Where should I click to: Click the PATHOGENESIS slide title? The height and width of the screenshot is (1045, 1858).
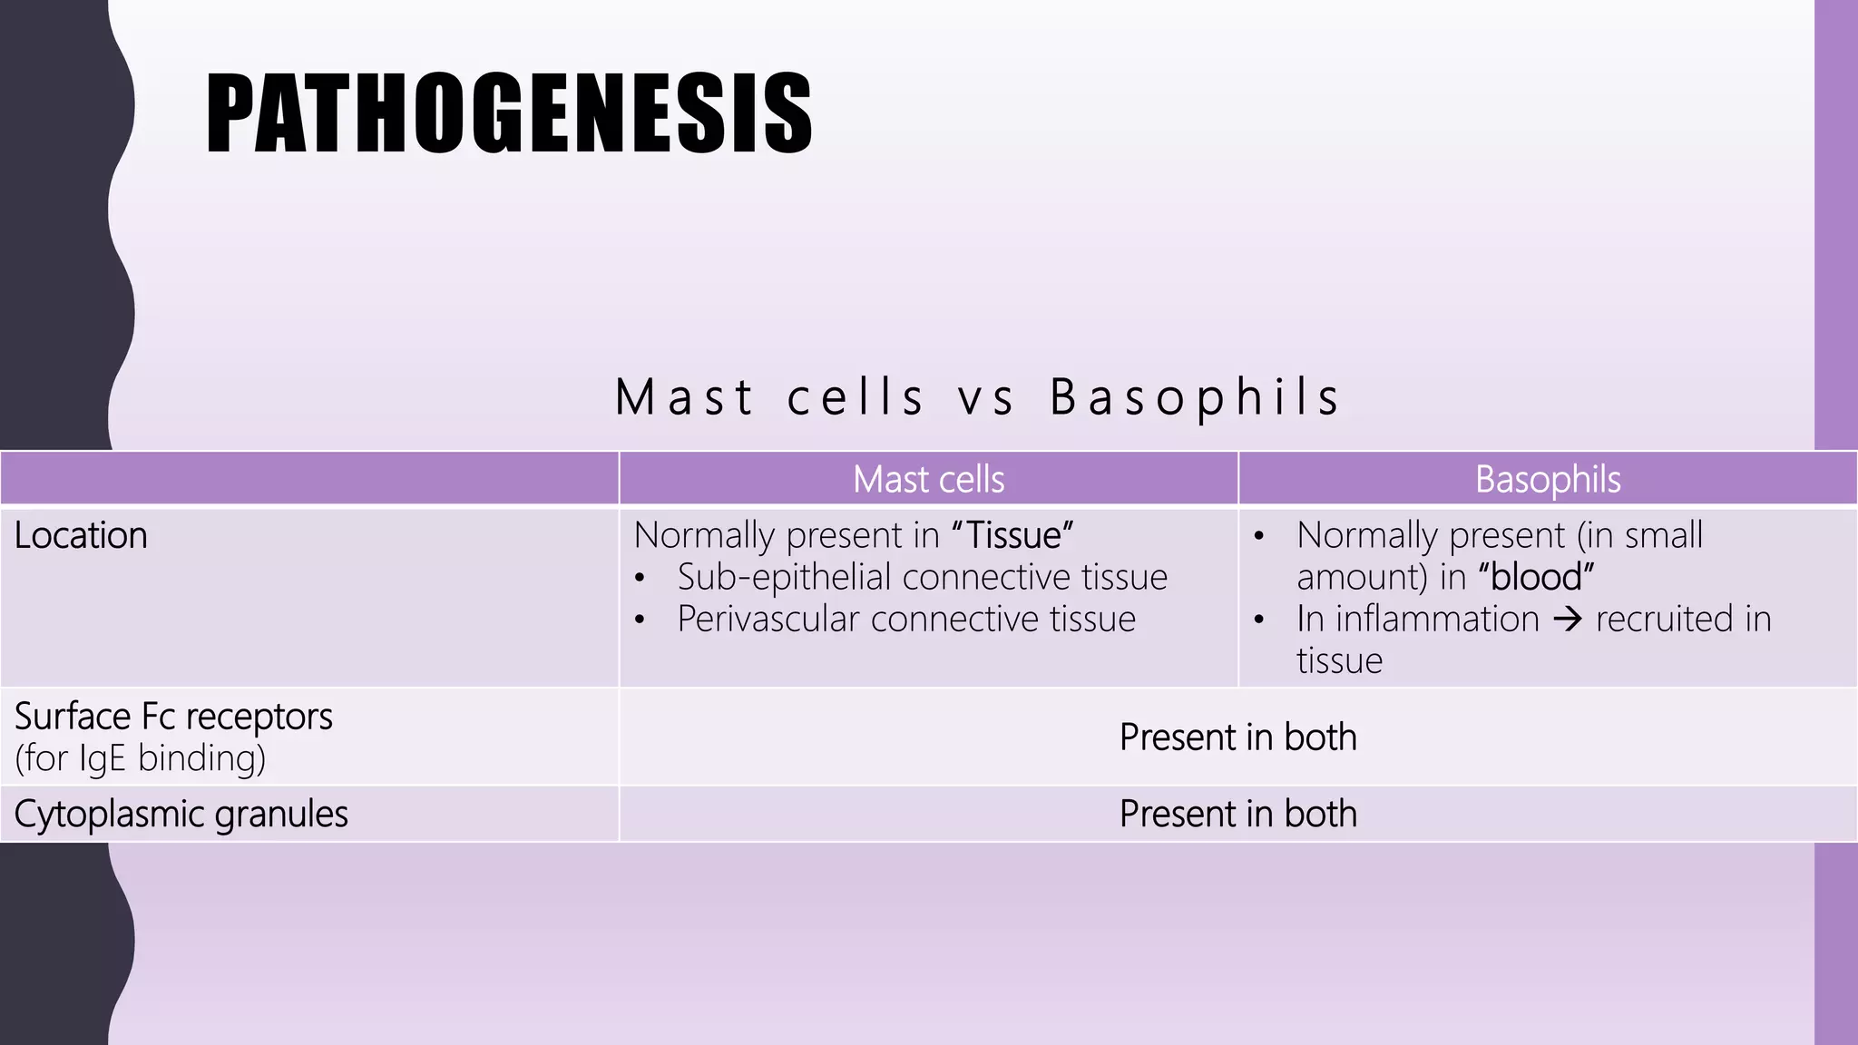coord(508,114)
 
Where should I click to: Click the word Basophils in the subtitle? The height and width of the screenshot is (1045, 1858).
coord(1195,397)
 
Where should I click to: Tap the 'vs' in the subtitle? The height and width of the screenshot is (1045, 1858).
coord(986,397)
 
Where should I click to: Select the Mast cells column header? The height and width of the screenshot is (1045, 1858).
coord(928,479)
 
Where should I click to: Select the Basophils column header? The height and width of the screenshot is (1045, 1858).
coord(1547,479)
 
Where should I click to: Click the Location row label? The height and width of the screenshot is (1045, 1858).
coord(81,535)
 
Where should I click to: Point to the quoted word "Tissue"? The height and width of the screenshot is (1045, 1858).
coord(1012,535)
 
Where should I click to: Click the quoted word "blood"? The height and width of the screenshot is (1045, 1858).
coord(1536,577)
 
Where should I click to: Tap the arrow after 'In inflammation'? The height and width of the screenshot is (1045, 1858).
coord(1568,620)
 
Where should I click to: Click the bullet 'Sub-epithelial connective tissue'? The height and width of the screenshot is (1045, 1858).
coord(922,577)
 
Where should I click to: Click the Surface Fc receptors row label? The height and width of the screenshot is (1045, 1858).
coord(173,717)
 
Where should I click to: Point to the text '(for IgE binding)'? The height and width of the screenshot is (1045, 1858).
coord(141,758)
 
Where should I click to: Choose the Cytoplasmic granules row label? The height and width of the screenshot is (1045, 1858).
coord(181,814)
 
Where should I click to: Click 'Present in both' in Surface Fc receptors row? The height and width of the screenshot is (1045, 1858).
coord(1237,737)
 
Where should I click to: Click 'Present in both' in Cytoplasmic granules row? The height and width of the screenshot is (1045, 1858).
coord(1237,814)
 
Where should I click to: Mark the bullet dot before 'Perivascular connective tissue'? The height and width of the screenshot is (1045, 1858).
coord(641,620)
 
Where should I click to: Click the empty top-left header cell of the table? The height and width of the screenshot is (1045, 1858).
coord(308,478)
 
